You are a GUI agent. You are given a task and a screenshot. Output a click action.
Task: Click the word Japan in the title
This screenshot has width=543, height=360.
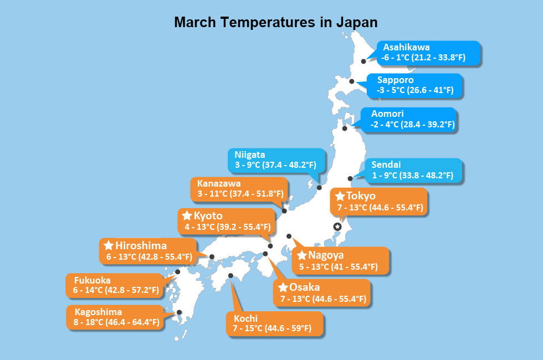[357, 23]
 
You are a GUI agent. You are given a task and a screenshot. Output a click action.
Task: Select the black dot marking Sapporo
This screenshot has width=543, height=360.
[351, 81]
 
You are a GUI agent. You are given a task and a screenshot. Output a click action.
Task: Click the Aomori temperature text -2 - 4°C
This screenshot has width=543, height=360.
[385, 124]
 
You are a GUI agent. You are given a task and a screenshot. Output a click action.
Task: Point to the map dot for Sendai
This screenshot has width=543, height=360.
[350, 178]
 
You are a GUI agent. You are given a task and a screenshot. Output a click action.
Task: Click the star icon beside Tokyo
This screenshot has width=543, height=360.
[340, 196]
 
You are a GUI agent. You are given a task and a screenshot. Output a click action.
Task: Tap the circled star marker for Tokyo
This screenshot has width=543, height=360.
[337, 227]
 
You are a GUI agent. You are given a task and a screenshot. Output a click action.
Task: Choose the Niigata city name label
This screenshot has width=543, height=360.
[250, 155]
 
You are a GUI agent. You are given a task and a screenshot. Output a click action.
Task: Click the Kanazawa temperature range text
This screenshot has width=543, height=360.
[240, 193]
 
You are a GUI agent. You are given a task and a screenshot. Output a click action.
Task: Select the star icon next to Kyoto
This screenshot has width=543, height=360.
[187, 215]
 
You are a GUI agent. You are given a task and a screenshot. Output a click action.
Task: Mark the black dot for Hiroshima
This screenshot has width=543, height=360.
[212, 257]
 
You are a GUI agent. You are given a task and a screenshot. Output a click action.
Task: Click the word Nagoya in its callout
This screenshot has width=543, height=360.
[326, 255]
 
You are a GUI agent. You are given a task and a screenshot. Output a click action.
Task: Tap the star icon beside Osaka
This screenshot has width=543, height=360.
[283, 287]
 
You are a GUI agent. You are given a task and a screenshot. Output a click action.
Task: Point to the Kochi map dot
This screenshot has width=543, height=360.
[230, 276]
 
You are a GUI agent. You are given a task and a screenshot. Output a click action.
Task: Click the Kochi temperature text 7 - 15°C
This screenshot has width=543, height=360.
[248, 328]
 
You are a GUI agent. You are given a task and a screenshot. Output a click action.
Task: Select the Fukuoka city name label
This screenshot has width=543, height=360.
[93, 280]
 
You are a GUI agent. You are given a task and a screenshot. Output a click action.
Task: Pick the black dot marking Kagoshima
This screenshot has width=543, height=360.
[179, 312]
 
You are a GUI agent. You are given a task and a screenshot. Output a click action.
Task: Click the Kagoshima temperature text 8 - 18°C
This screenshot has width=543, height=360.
[88, 322]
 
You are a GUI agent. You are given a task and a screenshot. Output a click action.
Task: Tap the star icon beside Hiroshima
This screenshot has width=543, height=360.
[109, 245]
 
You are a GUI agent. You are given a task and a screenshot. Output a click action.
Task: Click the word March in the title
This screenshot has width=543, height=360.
[195, 23]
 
